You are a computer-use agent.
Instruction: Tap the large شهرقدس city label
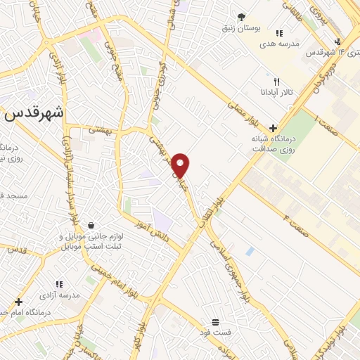click(34, 113)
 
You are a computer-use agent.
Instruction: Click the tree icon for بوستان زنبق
click(242, 17)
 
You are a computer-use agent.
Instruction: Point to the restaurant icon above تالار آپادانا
click(276, 82)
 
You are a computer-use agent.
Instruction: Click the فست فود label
click(215, 330)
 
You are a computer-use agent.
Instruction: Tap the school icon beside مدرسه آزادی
click(60, 285)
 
